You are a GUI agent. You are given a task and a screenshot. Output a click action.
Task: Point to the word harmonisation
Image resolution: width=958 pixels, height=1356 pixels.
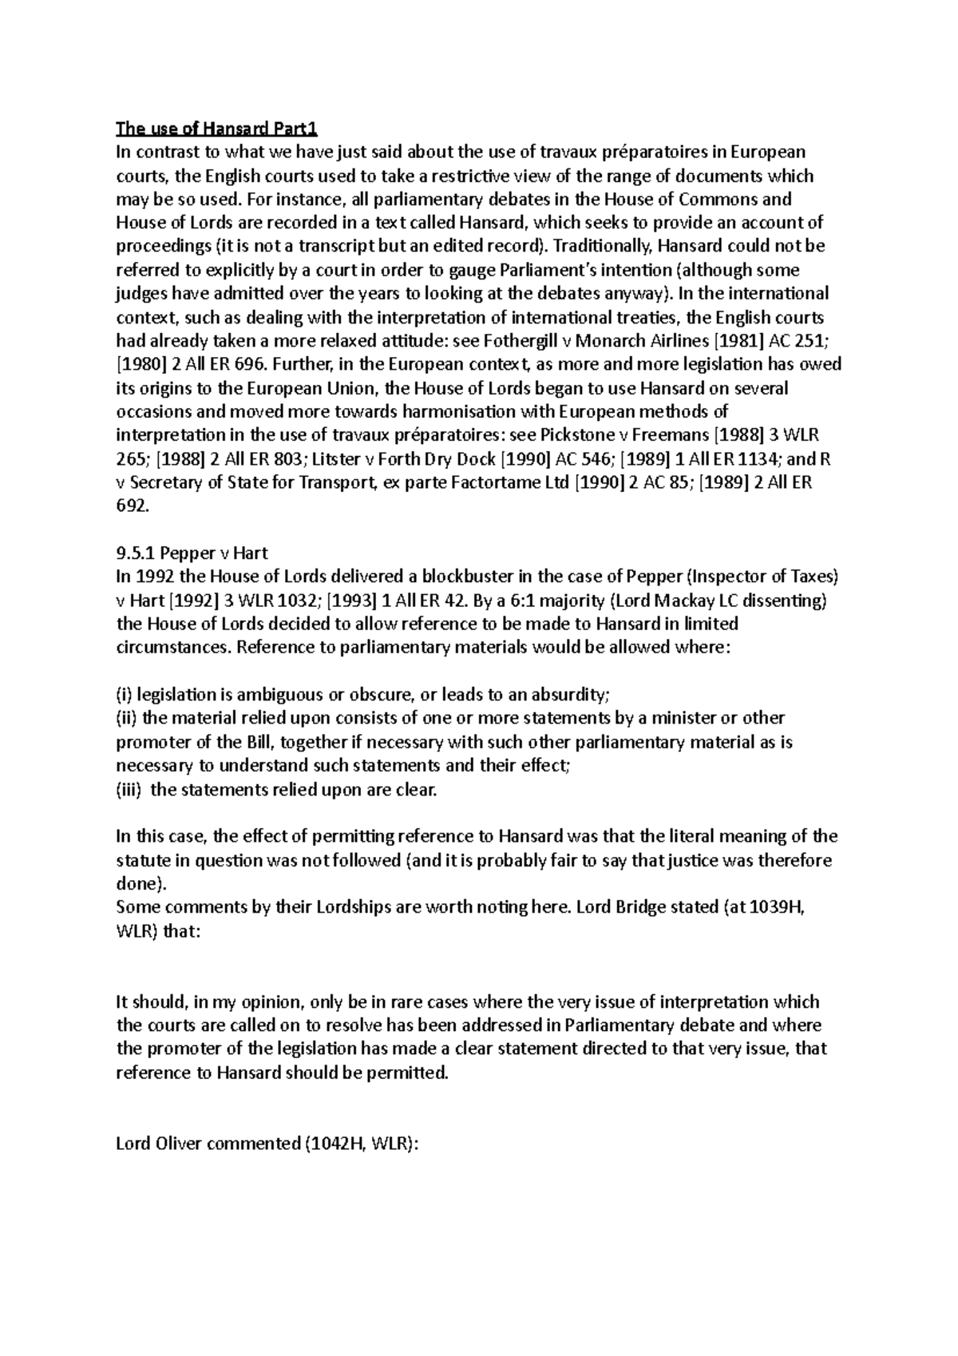[x=460, y=412]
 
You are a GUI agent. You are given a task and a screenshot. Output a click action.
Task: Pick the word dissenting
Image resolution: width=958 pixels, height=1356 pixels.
[x=786, y=600]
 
